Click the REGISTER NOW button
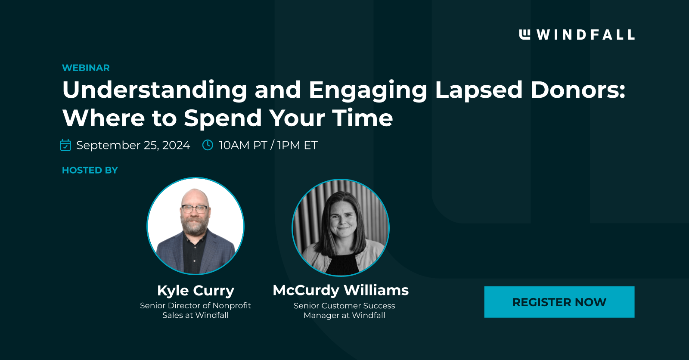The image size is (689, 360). point(559,302)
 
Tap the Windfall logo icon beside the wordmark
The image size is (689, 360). point(525,34)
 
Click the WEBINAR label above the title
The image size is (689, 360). point(86,68)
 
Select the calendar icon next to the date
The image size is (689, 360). point(65,145)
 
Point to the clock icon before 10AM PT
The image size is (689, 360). point(208,145)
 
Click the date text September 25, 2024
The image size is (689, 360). point(133,145)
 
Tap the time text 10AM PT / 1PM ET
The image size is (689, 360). point(268,145)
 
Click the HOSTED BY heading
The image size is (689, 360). point(90,170)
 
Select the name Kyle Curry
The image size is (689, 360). point(196,290)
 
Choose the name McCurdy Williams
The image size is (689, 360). point(340,290)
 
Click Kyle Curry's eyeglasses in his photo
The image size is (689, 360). point(195,209)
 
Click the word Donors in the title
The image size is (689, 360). point(577,90)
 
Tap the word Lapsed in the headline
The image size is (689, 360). point(478,90)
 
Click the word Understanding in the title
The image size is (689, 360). point(155,90)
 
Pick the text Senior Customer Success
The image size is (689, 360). point(344,306)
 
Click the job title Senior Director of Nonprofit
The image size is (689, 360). point(195,305)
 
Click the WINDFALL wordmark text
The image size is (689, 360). point(585,35)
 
